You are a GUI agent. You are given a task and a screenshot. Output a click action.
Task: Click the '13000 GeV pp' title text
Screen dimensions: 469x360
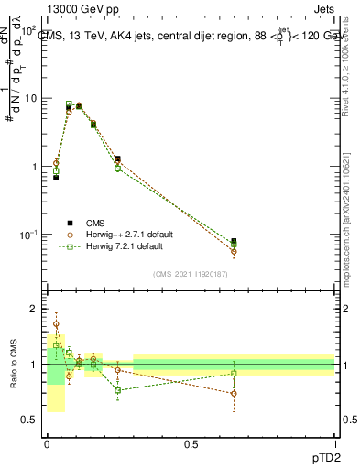pos(81,8)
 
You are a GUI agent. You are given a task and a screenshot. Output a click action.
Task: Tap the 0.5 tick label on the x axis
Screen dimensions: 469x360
pos(191,444)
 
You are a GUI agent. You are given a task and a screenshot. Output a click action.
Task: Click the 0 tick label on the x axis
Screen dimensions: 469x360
pos(47,444)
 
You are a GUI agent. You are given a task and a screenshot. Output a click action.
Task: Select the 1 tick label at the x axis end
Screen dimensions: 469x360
pos(334,444)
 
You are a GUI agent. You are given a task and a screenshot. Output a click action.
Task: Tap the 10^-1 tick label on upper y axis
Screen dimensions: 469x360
pos(26,235)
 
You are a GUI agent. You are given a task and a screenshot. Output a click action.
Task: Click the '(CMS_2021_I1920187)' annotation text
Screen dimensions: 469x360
pos(191,274)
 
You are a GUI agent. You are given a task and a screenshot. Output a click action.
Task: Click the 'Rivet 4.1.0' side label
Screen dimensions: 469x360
pos(352,64)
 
